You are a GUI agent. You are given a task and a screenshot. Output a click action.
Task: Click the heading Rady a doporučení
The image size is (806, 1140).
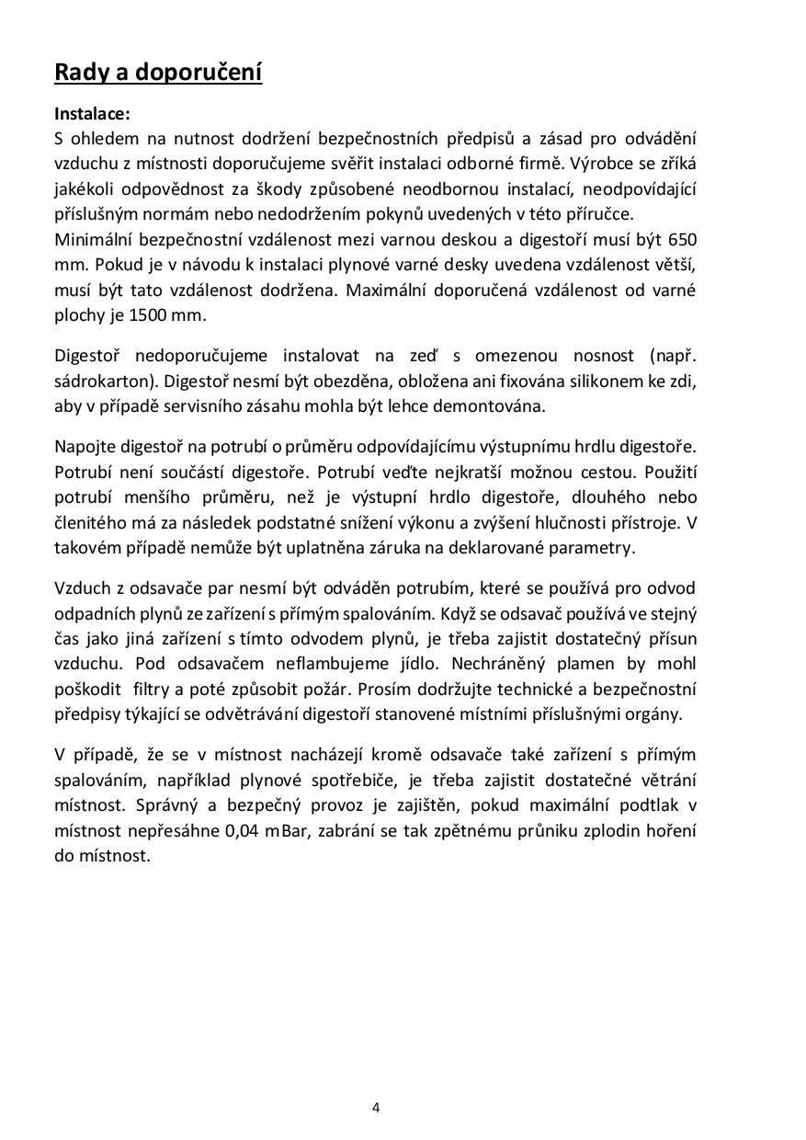[158, 73]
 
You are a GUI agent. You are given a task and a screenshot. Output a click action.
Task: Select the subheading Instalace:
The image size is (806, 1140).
[93, 115]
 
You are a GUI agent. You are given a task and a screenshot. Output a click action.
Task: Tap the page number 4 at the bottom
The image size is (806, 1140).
[376, 1108]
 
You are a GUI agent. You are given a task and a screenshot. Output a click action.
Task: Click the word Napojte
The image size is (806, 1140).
[85, 447]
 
